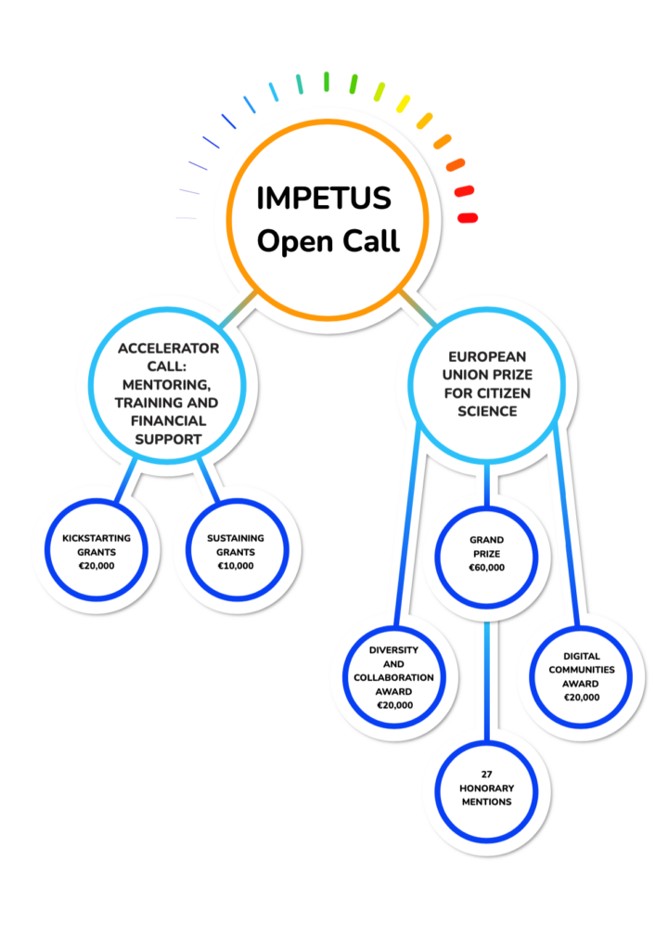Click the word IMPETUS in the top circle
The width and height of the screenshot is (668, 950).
pyautogui.click(x=324, y=199)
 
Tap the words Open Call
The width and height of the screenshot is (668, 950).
pyautogui.click(x=328, y=241)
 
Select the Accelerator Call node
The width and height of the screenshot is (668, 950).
pyautogui.click(x=168, y=392)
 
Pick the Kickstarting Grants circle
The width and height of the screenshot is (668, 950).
pyautogui.click(x=96, y=551)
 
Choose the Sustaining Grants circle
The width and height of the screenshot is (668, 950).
pyautogui.click(x=235, y=551)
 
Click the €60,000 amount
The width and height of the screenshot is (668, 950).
pyautogui.click(x=486, y=568)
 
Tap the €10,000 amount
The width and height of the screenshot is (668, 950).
pyautogui.click(x=235, y=565)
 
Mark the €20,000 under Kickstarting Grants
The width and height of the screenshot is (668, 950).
pyautogui.click(x=96, y=565)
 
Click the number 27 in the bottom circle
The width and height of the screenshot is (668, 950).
pyautogui.click(x=486, y=773)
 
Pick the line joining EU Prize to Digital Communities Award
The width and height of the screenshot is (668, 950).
pyautogui.click(x=567, y=529)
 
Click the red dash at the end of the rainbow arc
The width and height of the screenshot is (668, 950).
pyautogui.click(x=468, y=218)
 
